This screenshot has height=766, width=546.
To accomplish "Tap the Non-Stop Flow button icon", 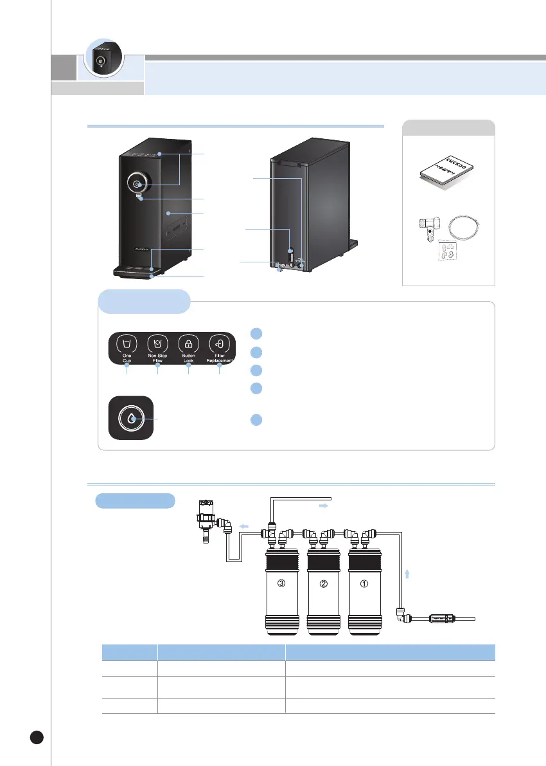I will (157, 343).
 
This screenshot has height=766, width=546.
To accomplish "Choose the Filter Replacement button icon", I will (220, 343).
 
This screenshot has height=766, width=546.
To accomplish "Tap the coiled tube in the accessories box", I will (465, 227).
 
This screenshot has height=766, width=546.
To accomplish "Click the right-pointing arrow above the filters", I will (324, 507).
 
